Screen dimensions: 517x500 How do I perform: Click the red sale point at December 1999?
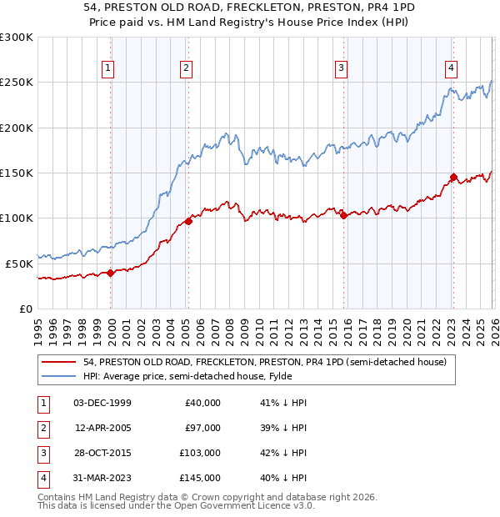(110, 273)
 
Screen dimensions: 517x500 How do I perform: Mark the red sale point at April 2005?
(188, 221)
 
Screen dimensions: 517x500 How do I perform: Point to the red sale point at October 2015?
(343, 216)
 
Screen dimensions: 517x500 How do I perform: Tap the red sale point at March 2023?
(453, 178)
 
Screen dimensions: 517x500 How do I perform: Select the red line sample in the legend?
(60, 363)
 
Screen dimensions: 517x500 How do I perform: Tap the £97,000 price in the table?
(202, 428)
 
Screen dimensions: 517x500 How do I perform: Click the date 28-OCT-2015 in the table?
(102, 453)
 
